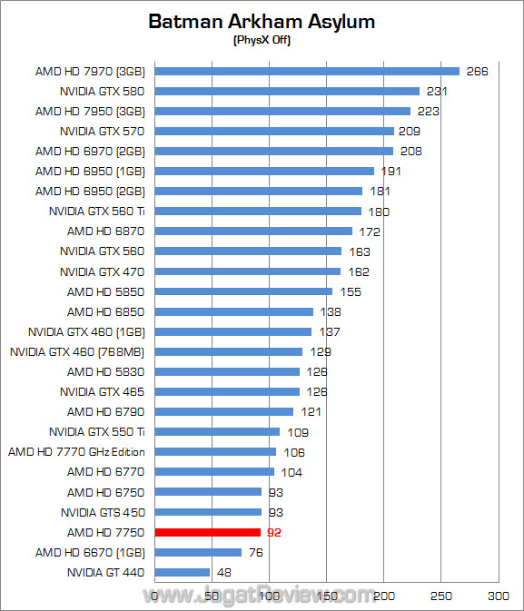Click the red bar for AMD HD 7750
[208, 533]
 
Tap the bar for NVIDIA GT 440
[183, 573]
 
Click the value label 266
[477, 71]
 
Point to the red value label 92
[274, 533]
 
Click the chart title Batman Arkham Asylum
[262, 22]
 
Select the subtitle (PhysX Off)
[262, 40]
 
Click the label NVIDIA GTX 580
[102, 91]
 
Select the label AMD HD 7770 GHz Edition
[76, 452]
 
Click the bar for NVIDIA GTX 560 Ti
[258, 212]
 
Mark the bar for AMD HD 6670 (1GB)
[198, 553]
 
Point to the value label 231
[438, 91]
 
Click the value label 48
[224, 573]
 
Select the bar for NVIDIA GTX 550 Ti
[217, 432]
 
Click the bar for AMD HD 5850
[243, 291]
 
